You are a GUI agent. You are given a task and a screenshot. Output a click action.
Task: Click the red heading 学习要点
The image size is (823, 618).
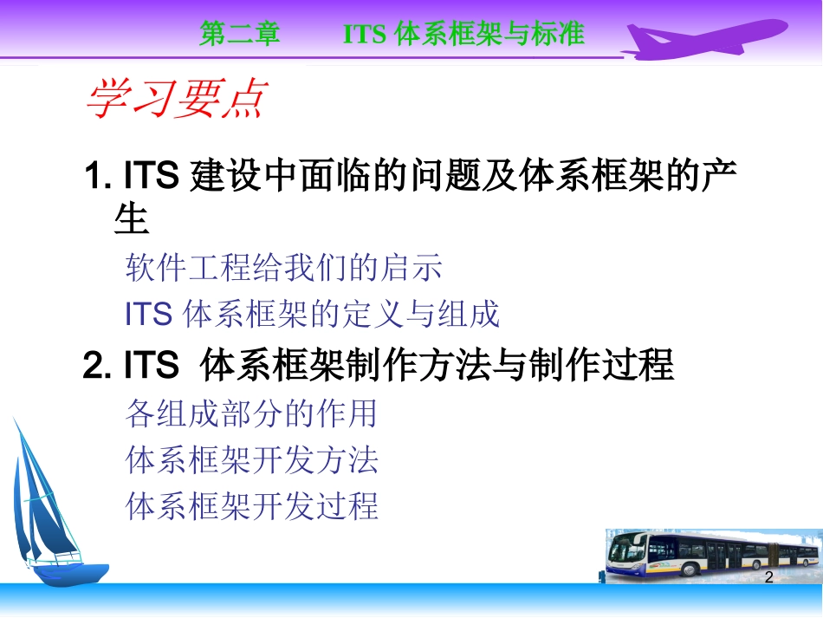tap(176, 100)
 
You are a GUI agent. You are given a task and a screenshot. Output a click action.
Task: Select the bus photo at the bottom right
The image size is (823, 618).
tap(710, 554)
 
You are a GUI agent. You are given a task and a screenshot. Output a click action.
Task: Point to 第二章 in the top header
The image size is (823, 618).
tap(239, 34)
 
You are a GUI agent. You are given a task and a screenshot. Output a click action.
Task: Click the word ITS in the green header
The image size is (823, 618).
tap(364, 34)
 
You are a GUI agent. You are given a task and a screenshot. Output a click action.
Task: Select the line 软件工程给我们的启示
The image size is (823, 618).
tap(284, 268)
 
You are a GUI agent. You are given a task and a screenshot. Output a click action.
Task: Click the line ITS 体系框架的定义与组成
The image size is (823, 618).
tap(313, 314)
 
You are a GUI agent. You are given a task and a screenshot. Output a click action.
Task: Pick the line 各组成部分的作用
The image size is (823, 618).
tap(251, 413)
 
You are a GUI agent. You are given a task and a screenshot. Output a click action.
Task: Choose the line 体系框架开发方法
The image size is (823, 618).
tap(251, 459)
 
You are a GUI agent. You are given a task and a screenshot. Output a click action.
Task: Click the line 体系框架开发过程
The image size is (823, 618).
tap(251, 505)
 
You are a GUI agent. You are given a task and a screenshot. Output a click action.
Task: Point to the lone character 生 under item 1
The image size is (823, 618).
tap(132, 219)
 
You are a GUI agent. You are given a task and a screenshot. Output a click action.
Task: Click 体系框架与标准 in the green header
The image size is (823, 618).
tap(489, 34)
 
